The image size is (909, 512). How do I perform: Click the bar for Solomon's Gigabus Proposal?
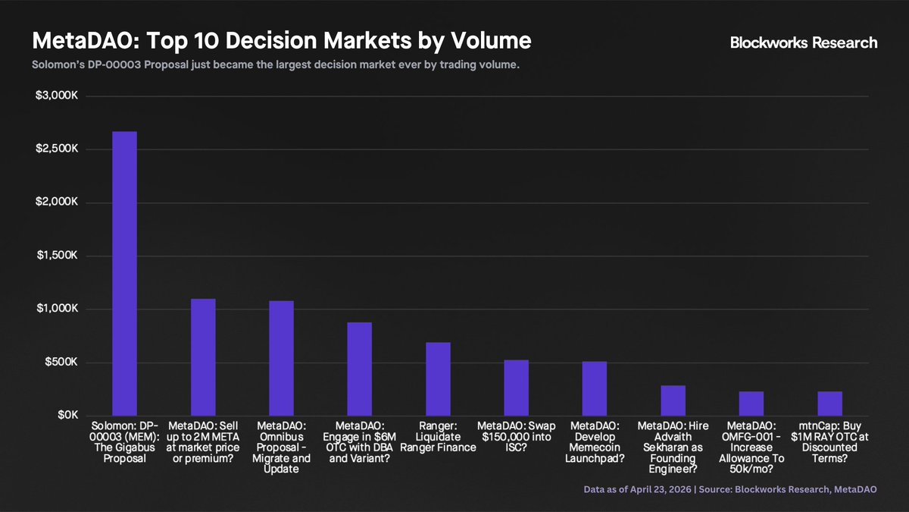tap(124, 274)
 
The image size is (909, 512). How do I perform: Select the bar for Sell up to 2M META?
tap(203, 357)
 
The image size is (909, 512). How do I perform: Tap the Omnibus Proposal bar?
tap(281, 358)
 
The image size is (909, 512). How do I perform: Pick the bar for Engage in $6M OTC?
tap(360, 369)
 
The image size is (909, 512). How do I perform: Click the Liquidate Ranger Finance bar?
tap(438, 379)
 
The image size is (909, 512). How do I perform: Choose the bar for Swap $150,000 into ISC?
tap(516, 388)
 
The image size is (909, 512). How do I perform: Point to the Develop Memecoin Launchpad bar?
tap(595, 388)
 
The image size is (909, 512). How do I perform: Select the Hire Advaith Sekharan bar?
tap(673, 400)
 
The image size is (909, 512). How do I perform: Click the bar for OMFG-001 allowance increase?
tap(751, 404)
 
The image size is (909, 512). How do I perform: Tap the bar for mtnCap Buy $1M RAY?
tap(830, 404)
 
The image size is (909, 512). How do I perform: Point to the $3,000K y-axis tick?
tap(57, 96)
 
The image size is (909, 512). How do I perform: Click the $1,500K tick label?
tap(57, 255)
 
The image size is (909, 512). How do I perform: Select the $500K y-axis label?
tap(61, 362)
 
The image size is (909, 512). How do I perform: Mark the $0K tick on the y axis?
tap(67, 415)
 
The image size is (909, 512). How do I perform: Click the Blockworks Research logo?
tap(804, 42)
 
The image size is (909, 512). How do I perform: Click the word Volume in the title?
tap(491, 41)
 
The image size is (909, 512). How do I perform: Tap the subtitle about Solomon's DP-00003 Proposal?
tap(276, 64)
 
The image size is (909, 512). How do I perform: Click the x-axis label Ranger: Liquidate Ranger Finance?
tap(438, 437)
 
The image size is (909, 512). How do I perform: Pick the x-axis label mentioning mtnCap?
tap(830, 442)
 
